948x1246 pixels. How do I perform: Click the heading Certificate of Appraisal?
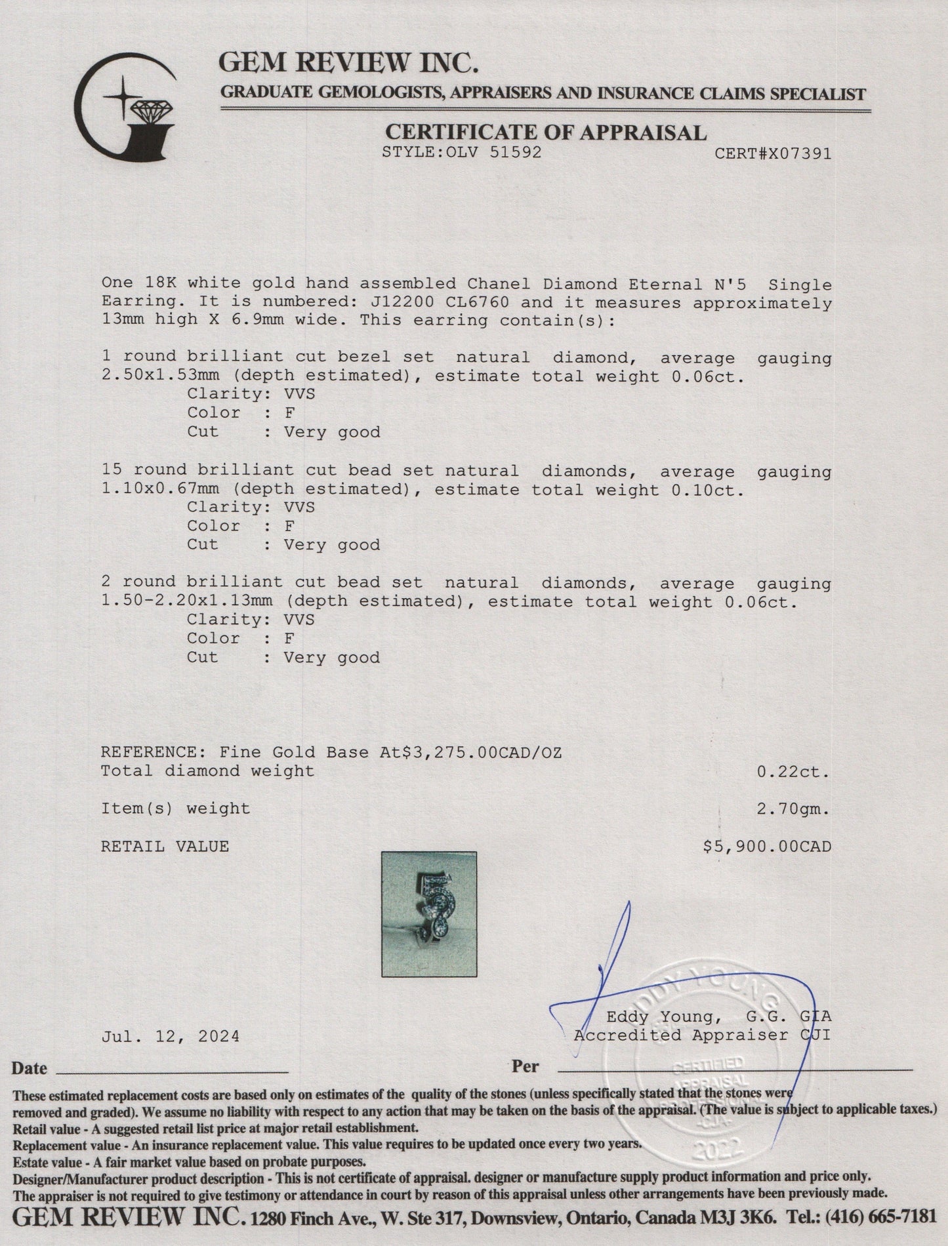(x=545, y=132)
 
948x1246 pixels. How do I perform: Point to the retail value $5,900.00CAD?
(x=767, y=847)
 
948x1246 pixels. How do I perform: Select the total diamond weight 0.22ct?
(x=794, y=772)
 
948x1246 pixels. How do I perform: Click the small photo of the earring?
(x=429, y=914)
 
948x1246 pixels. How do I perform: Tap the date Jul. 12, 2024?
(x=171, y=1036)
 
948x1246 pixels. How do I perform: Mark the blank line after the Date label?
(x=173, y=1071)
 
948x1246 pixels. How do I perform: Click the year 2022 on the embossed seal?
(x=716, y=1148)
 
